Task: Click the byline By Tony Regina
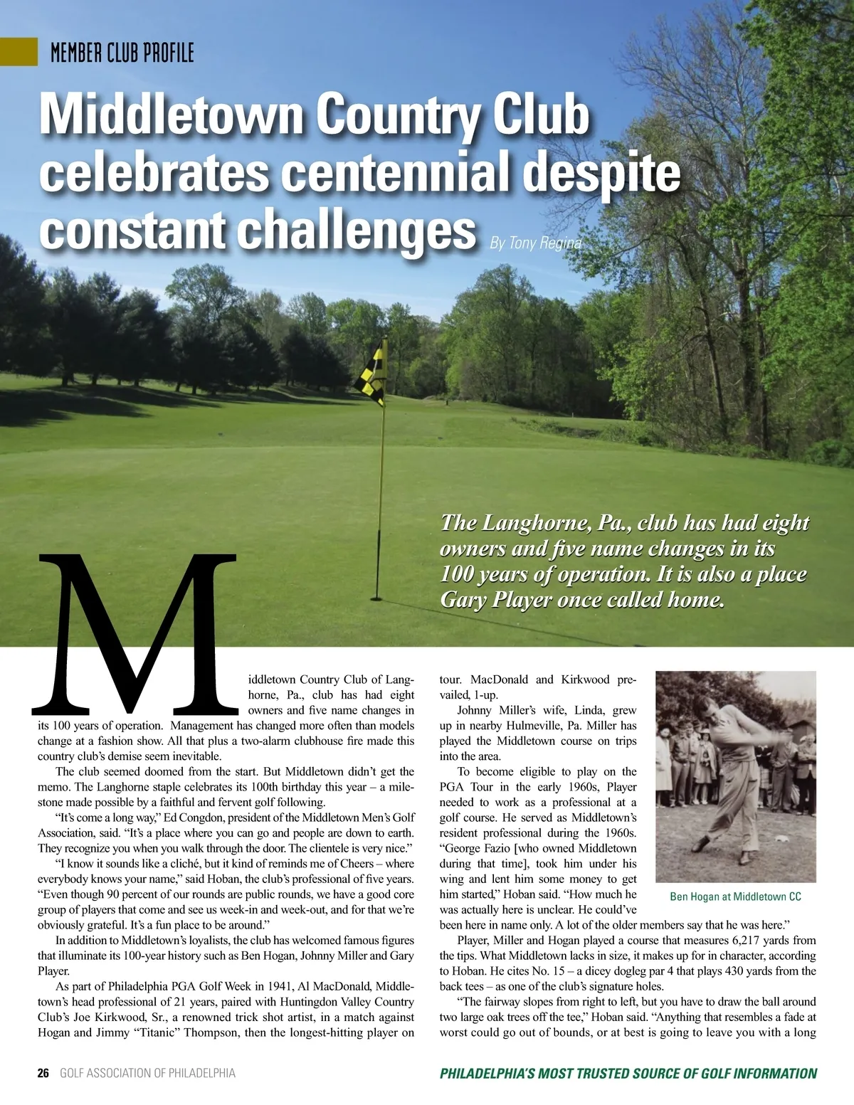pos(535,243)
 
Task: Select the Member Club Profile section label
pos(122,53)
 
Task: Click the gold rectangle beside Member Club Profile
pos(19,51)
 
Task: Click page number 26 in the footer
pos(43,1073)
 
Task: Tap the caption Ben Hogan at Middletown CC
pos(735,897)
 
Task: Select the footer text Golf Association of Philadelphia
pos(147,1073)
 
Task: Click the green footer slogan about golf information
pos(628,1073)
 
